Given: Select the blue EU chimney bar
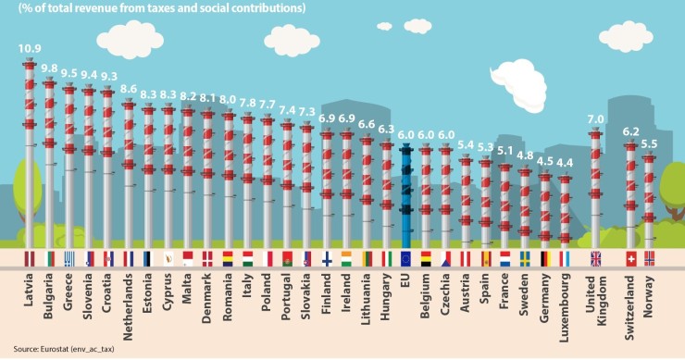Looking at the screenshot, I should [x=405, y=194].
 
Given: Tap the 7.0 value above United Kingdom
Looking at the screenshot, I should [x=596, y=119].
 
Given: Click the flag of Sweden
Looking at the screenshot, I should [x=525, y=258].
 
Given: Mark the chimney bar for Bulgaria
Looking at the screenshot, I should [x=49, y=167].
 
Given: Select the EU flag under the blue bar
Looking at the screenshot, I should [x=405, y=258].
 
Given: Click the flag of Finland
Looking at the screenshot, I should [x=327, y=258].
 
